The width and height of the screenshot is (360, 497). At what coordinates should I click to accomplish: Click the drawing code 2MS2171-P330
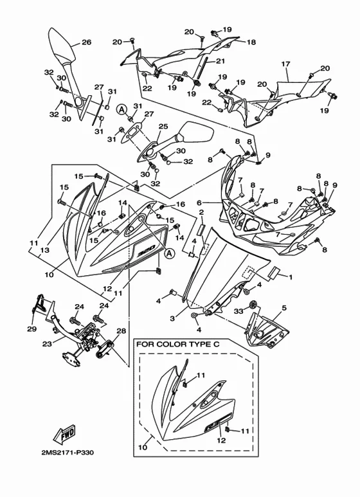click(x=67, y=453)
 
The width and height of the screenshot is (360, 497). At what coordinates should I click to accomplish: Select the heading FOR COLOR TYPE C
click(x=178, y=344)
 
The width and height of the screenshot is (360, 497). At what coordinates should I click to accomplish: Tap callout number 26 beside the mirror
click(x=86, y=42)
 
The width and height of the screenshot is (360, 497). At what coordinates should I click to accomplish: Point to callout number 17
click(x=285, y=64)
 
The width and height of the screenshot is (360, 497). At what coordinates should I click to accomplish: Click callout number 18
click(x=251, y=42)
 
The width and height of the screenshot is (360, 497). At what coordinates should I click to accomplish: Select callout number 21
click(x=221, y=61)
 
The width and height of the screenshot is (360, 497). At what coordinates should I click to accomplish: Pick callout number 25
click(x=163, y=127)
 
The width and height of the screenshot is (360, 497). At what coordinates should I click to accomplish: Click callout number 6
click(x=199, y=203)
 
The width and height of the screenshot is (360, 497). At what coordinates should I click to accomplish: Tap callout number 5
click(x=284, y=308)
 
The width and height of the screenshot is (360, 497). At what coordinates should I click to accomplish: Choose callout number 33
click(x=239, y=311)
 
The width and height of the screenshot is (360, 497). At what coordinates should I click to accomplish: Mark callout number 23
click(x=47, y=343)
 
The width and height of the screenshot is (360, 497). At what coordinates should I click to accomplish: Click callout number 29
click(x=32, y=329)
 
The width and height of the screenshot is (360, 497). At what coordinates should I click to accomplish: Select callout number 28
click(x=121, y=331)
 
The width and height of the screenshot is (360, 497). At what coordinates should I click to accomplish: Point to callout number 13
click(x=45, y=250)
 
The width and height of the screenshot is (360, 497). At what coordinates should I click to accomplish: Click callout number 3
click(x=172, y=318)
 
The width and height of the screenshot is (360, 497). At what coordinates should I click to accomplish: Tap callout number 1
click(x=290, y=277)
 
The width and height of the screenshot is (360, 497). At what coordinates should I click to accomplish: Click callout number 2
click(x=201, y=212)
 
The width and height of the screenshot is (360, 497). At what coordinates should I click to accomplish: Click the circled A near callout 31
click(x=121, y=110)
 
